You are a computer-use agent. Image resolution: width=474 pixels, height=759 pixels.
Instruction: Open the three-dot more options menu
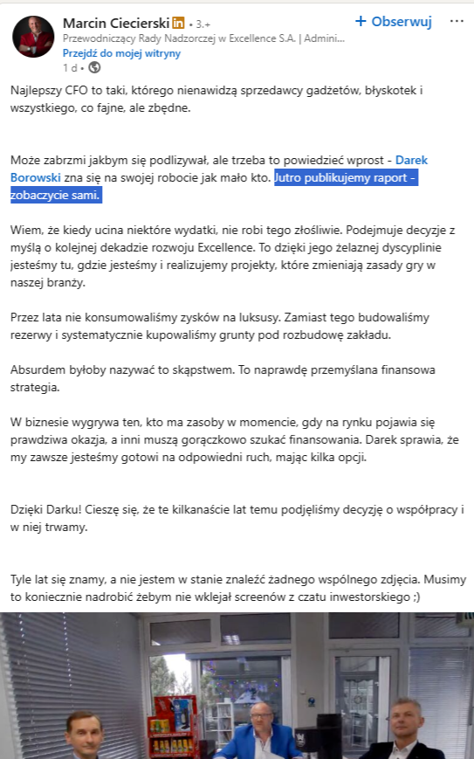[457, 22]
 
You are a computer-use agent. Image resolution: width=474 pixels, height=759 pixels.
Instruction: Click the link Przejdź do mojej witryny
[121, 53]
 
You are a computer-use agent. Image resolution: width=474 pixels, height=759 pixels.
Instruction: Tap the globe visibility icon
[95, 67]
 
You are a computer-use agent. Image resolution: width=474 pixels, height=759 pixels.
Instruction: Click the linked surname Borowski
[38, 177]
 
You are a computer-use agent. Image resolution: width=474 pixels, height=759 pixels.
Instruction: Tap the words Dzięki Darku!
[43, 508]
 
